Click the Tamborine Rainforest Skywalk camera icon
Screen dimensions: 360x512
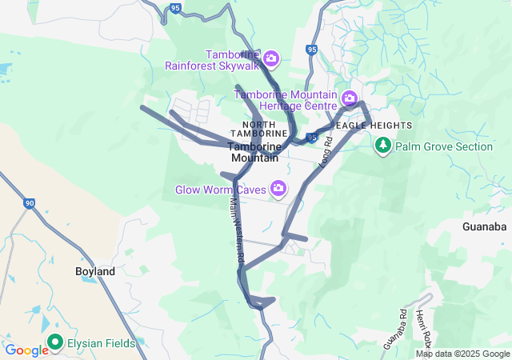pyautogui.click(x=271, y=58)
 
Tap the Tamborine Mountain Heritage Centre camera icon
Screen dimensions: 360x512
pyautogui.click(x=349, y=99)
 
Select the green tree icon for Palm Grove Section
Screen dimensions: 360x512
pyautogui.click(x=383, y=146)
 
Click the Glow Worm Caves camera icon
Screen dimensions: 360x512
pyautogui.click(x=278, y=189)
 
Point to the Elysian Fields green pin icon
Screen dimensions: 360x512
pyautogui.click(x=55, y=342)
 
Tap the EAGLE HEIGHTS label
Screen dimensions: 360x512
pyautogui.click(x=374, y=126)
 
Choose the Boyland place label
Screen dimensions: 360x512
pyautogui.click(x=95, y=271)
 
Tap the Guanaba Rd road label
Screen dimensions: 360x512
pyautogui.click(x=395, y=328)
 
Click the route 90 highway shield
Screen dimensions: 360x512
pyautogui.click(x=30, y=204)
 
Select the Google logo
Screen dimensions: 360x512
pyautogui.click(x=26, y=350)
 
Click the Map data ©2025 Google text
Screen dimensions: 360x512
pyautogui.click(x=462, y=354)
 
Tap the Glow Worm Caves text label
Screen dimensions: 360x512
pyautogui.click(x=222, y=190)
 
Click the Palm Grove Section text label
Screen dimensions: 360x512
pyautogui.click(x=444, y=146)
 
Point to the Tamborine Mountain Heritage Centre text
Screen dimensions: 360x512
pyautogui.click(x=286, y=100)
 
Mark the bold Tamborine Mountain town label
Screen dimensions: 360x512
pyautogui.click(x=254, y=152)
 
